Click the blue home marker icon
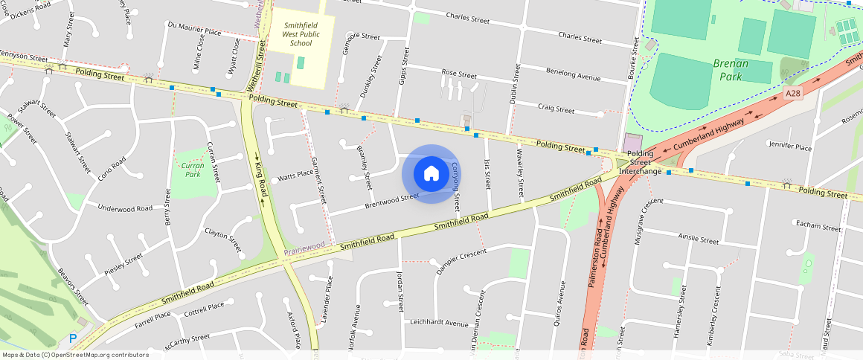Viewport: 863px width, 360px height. click(431, 174)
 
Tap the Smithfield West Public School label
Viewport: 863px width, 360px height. click(301, 34)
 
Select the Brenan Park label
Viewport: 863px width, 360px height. click(730, 70)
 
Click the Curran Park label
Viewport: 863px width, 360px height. click(193, 169)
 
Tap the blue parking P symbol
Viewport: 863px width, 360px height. click(73, 338)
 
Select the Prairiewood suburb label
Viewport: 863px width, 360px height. click(304, 244)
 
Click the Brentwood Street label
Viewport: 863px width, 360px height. click(392, 201)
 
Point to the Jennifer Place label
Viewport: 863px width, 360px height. click(792, 148)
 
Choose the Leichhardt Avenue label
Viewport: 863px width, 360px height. click(439, 324)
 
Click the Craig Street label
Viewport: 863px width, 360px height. click(556, 109)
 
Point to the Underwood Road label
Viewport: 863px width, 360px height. click(125, 208)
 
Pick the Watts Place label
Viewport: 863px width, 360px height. click(295, 176)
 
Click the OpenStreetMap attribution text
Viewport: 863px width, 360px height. click(75, 355)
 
